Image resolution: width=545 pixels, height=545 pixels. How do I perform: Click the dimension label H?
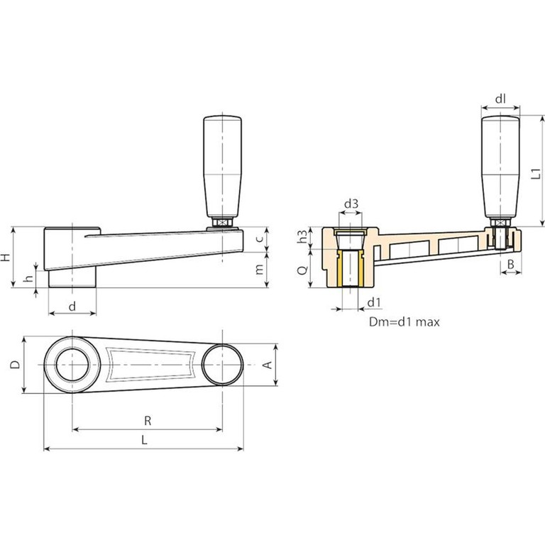click(6, 257)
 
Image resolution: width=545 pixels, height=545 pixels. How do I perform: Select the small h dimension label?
click(28, 279)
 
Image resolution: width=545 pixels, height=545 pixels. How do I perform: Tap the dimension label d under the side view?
click(72, 306)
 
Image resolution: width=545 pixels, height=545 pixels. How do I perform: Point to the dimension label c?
click(260, 239)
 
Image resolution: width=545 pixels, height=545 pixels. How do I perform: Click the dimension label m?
click(260, 270)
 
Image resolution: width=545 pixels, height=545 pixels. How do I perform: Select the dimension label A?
click(268, 365)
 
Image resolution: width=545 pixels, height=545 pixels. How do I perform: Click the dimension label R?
click(148, 420)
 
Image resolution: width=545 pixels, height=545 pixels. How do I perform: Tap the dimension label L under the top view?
click(143, 440)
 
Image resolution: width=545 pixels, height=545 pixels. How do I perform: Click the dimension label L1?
click(537, 171)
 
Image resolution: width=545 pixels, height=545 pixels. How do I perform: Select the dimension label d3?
click(351, 204)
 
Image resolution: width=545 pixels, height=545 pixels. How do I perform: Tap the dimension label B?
click(510, 265)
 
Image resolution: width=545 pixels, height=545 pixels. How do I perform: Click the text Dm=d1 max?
click(404, 321)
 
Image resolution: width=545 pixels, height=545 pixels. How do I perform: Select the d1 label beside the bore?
click(374, 304)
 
